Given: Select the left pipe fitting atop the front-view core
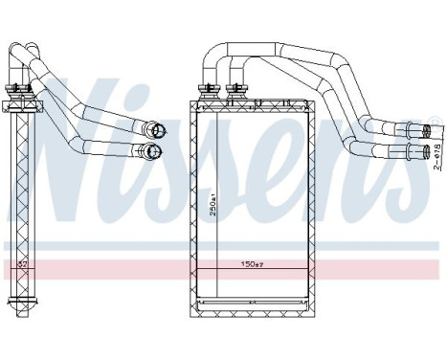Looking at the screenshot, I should pos(207,93).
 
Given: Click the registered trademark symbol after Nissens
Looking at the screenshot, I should pos(434,123).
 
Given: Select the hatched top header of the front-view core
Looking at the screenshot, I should pos(256,105).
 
